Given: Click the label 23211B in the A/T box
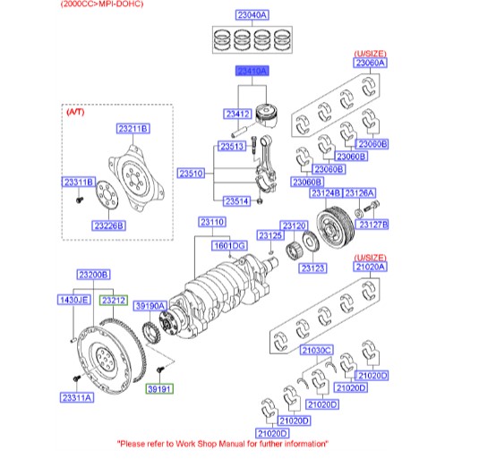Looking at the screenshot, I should pos(132,130).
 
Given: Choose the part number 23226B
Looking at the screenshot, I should pos(108,225).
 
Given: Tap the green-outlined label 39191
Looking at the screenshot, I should pos(160,389).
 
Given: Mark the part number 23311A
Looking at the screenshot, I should pos(77,397).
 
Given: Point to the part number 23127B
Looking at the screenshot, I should pos(372,224).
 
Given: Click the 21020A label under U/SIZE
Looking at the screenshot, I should pos(369,267).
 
